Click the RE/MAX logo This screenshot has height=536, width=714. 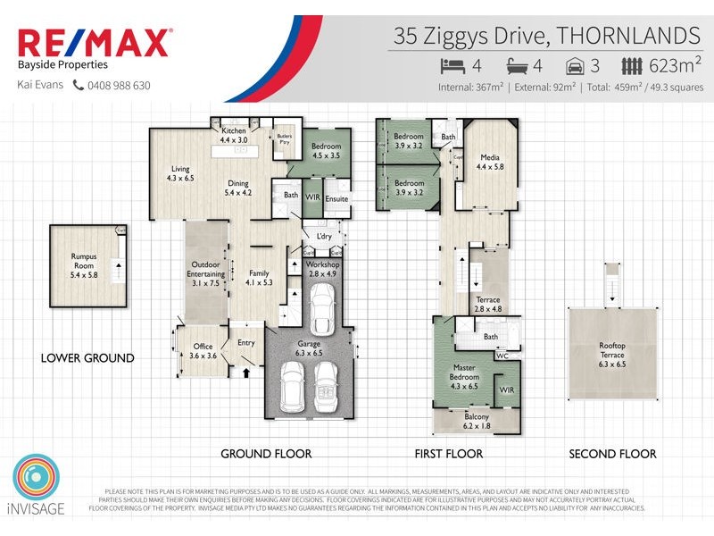point(95,43)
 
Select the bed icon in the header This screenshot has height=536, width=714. point(452,65)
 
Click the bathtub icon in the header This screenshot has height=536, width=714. point(518,65)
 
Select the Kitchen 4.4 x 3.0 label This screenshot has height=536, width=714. point(233,136)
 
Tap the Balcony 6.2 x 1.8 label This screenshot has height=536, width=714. point(477,423)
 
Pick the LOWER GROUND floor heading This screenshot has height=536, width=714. point(87,358)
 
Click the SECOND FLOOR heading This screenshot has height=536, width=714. point(612,454)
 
